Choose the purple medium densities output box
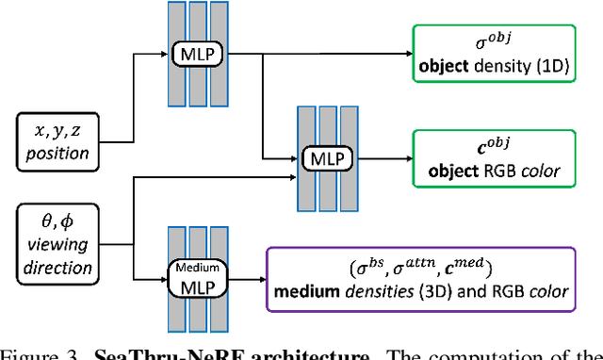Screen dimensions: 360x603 422,279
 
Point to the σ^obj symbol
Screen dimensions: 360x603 489,41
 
